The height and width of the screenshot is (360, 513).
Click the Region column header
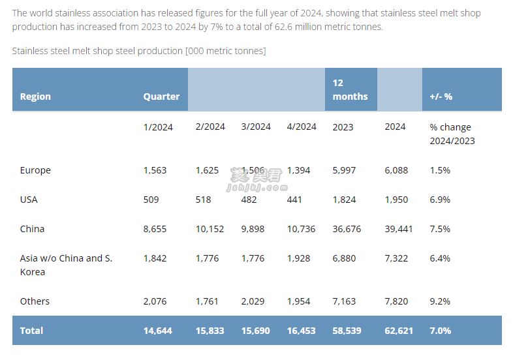(x=35, y=97)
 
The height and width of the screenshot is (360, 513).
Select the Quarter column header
(x=161, y=97)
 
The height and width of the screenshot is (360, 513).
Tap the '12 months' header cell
(x=350, y=89)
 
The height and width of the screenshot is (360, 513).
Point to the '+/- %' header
(x=441, y=97)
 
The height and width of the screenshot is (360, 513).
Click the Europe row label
(x=35, y=170)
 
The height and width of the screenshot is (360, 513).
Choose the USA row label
(x=29, y=200)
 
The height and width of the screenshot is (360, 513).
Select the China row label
(x=32, y=229)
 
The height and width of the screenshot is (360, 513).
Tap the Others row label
(x=35, y=301)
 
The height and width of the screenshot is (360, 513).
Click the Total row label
(x=31, y=331)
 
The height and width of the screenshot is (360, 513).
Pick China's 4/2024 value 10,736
(x=301, y=229)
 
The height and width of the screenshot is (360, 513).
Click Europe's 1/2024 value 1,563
(x=155, y=170)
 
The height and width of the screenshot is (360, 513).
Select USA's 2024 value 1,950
(x=396, y=200)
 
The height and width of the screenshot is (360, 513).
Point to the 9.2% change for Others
(x=440, y=301)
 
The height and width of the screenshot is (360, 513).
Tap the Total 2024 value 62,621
(x=399, y=331)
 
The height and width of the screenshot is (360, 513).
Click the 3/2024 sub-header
(x=256, y=127)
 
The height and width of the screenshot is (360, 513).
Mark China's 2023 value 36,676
(x=347, y=229)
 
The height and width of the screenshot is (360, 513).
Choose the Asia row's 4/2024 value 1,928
(x=298, y=258)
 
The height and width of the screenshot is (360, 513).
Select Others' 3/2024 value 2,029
(x=253, y=301)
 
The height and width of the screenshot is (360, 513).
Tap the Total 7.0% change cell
(x=440, y=331)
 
